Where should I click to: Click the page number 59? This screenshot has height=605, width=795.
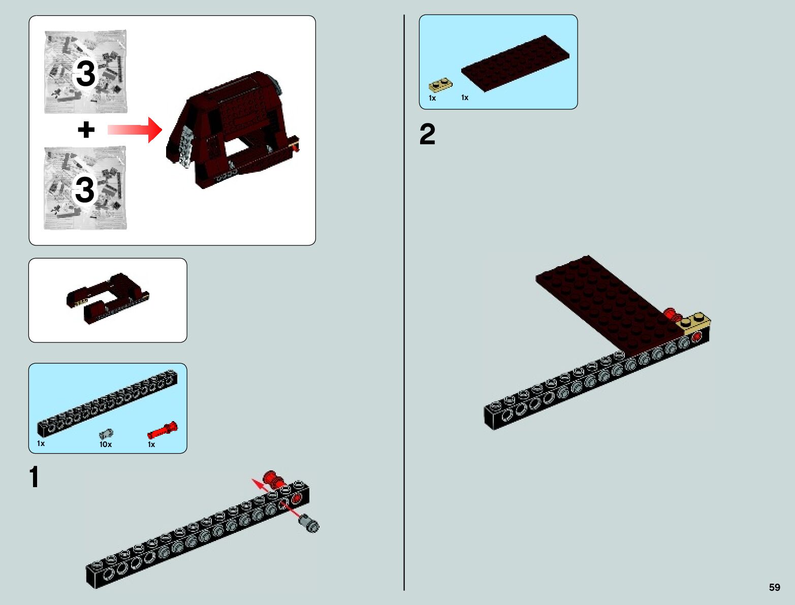774,587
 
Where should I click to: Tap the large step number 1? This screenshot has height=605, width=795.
34,477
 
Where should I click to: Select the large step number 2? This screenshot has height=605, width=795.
427,135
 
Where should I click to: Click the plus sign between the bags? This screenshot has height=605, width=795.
86,130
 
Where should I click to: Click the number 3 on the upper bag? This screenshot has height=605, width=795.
85,74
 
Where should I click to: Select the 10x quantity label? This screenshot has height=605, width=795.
105,444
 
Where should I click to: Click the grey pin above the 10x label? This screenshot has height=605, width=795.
106,434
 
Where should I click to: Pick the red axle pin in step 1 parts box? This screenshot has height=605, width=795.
163,431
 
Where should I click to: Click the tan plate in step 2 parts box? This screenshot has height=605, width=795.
440,84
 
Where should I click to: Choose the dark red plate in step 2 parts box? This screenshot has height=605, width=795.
515,63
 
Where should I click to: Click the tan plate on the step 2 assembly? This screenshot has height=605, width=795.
696,323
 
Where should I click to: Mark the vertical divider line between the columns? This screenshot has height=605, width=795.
404,305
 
